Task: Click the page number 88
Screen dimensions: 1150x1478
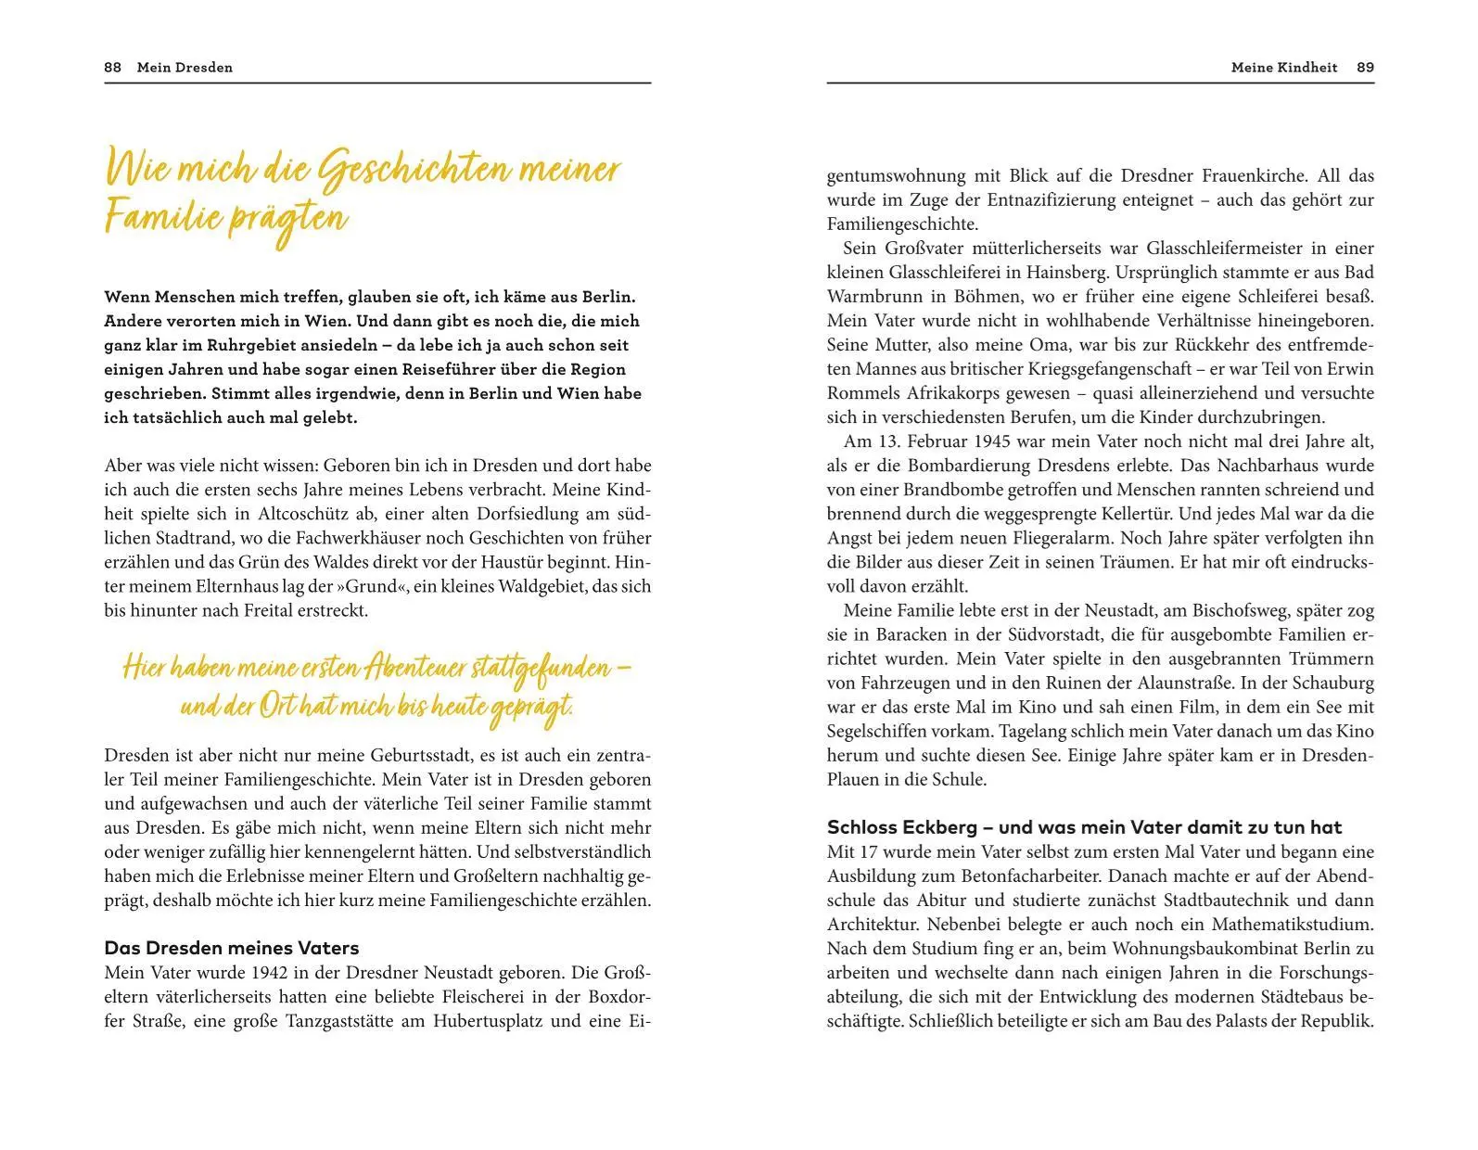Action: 112,68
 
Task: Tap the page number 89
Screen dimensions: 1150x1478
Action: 1365,68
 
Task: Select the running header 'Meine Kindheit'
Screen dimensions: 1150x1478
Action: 1284,68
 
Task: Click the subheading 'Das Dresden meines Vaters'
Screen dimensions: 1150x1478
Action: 232,948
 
